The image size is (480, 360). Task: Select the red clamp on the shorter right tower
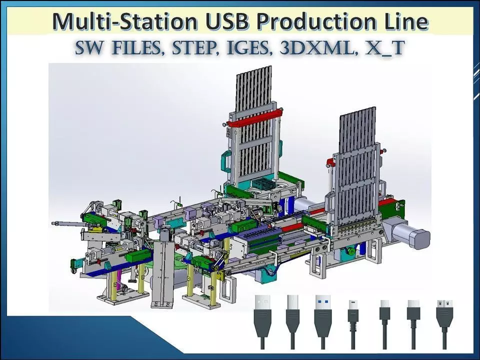(330, 161)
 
